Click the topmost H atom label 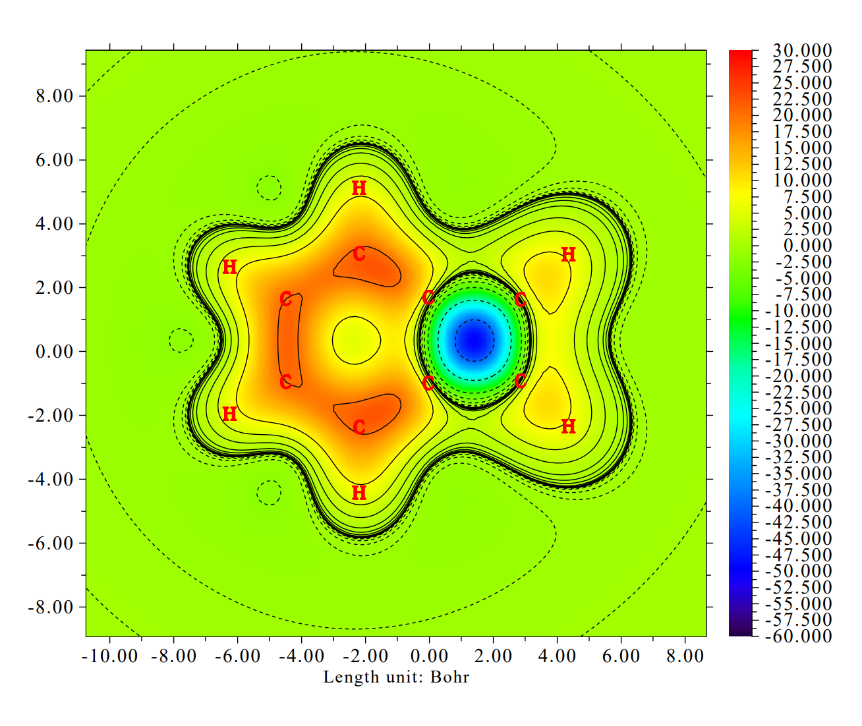click(x=359, y=188)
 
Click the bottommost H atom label click(x=359, y=493)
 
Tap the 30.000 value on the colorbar click(x=802, y=51)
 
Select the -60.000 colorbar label click(x=798, y=636)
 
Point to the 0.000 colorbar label click(x=807, y=246)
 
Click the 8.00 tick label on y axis click(x=54, y=96)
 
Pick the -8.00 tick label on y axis click(x=50, y=607)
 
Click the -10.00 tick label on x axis click(x=110, y=656)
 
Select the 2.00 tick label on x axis click(x=493, y=656)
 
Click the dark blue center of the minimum click(x=474, y=340)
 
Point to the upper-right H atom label click(x=568, y=255)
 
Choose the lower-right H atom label click(x=568, y=426)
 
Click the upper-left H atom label click(x=229, y=267)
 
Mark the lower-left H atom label click(x=229, y=414)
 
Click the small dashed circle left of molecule click(x=181, y=341)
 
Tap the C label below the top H click(x=359, y=254)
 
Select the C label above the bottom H click(x=359, y=428)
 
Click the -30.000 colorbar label click(x=798, y=441)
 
